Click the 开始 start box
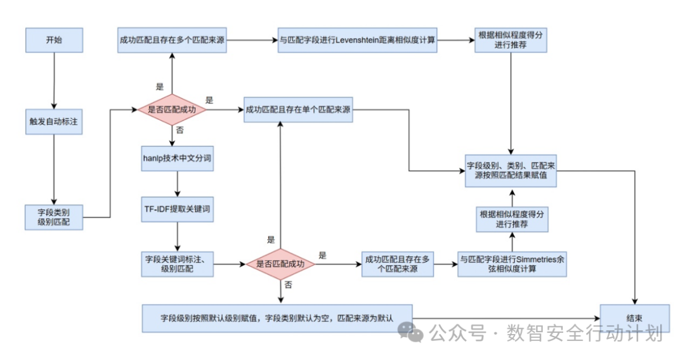pyautogui.click(x=54, y=40)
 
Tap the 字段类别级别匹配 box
pyautogui.click(x=54, y=217)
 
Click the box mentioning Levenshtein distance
pyautogui.click(x=357, y=40)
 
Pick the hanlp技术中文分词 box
pyautogui.click(x=177, y=159)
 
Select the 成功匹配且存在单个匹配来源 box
pyautogui.click(x=298, y=110)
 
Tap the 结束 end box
pyautogui.click(x=635, y=318)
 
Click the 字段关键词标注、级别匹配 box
pyautogui.click(x=177, y=264)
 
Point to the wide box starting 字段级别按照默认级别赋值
pyautogui.click(x=277, y=318)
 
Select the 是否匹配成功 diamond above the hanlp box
pyautogui.click(x=172, y=110)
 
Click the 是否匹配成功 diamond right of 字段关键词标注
pyautogui.click(x=280, y=264)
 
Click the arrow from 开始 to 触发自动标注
pyautogui.click(x=54, y=80)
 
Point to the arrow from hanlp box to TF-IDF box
pyautogui.click(x=177, y=184)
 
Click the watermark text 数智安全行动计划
pyautogui.click(x=584, y=332)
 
